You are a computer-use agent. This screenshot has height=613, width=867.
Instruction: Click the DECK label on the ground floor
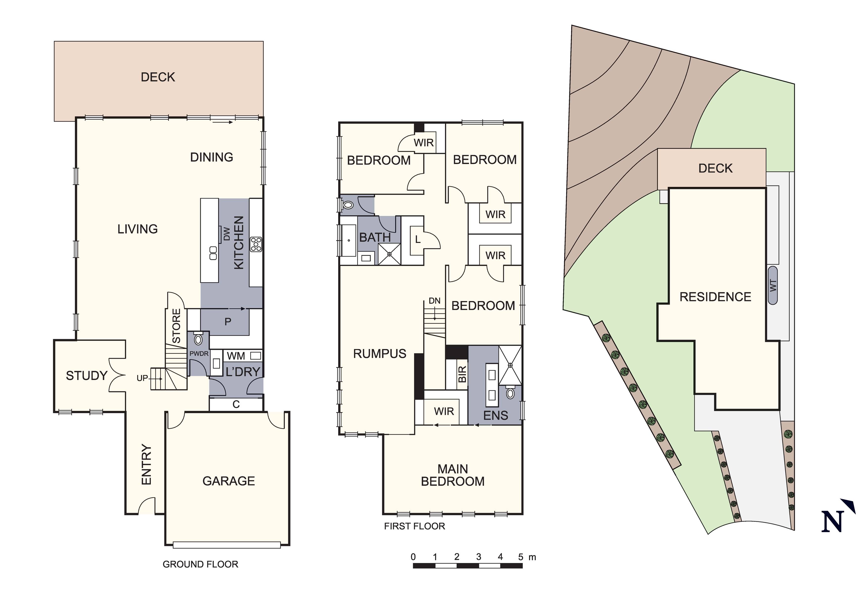(x=158, y=77)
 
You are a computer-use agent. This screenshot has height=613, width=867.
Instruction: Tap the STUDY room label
(x=87, y=376)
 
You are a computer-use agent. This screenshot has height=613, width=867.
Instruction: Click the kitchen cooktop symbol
(x=256, y=244)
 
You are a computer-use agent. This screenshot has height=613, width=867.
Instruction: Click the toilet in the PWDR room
(x=198, y=339)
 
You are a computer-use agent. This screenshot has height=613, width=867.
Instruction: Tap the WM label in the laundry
(x=236, y=356)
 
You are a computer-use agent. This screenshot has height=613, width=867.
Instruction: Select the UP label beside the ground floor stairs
(x=142, y=378)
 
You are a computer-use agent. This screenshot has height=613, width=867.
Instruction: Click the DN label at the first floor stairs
(x=434, y=301)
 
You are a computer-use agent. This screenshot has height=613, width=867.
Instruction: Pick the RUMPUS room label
(x=379, y=354)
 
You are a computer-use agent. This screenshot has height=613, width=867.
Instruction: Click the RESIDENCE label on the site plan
(x=715, y=297)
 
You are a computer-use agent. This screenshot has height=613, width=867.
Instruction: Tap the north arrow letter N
(x=833, y=522)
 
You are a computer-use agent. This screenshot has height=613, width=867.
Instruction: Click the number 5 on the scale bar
(x=521, y=557)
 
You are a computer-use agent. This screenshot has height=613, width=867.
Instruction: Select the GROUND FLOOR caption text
(x=200, y=564)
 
